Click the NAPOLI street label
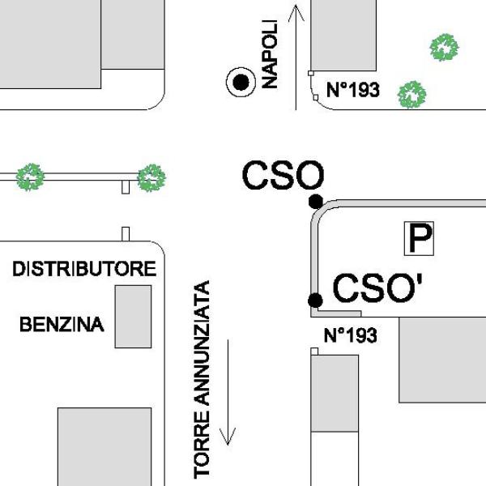[x=270, y=54]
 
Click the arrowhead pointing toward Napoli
[x=296, y=12]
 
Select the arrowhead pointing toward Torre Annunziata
[x=228, y=437]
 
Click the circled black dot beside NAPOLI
[x=241, y=83]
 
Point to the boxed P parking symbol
[x=419, y=238]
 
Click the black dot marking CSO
[x=316, y=202]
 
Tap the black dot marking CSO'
[x=315, y=301]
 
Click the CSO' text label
[x=377, y=288]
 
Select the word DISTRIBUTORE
[x=84, y=269]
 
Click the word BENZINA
[x=62, y=325]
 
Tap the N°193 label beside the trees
[x=353, y=90]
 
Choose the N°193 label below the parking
[x=351, y=335]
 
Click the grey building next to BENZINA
[x=134, y=317]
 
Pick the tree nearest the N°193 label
[x=412, y=95]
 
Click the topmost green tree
[x=445, y=48]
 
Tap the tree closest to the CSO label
[x=151, y=178]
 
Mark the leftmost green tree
[x=31, y=177]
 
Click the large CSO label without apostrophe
[x=283, y=175]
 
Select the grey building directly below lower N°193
[x=335, y=394]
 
